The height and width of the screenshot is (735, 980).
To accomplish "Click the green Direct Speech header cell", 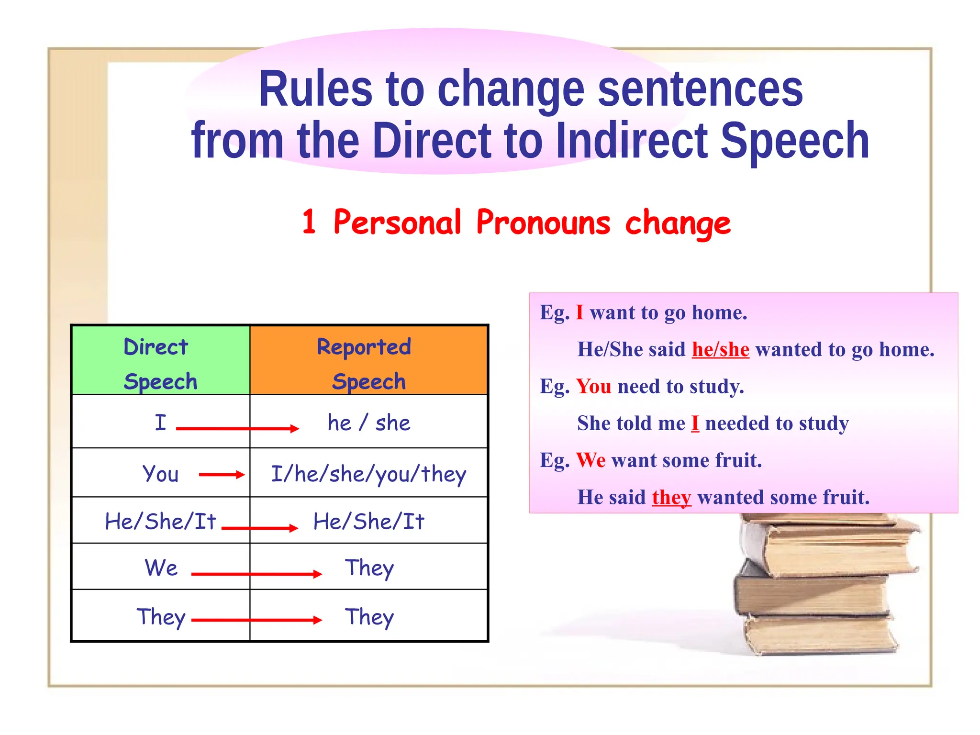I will point(160,360).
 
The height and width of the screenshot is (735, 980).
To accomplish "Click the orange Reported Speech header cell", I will point(368,360).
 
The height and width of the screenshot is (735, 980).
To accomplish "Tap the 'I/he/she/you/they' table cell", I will point(368,474).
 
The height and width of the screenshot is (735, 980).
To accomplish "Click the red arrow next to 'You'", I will point(222,475).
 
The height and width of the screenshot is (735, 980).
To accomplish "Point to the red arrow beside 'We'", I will point(256,574).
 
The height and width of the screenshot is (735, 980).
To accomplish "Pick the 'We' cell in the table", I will point(161,568).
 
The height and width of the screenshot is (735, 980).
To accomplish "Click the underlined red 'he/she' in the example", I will point(720,350).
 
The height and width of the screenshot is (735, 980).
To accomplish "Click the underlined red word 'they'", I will point(671,498).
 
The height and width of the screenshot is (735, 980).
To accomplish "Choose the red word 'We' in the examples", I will point(591,460).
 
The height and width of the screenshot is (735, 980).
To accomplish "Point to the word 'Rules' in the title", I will point(315,89).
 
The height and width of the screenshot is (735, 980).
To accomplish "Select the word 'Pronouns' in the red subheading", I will point(543,223).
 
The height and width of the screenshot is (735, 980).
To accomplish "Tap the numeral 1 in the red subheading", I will point(309,222).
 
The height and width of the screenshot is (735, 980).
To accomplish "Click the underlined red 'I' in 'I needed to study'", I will point(695,423).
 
